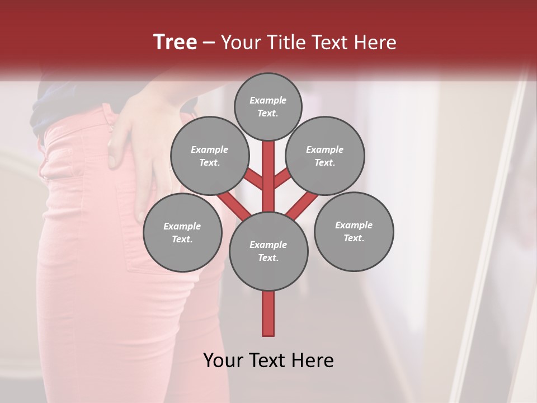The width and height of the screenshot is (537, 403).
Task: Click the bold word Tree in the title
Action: pos(175,42)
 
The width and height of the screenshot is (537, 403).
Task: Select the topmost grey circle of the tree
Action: pos(268,106)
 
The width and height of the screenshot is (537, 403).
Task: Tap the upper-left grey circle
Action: pos(209,156)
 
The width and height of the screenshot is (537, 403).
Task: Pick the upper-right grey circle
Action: pos(325,156)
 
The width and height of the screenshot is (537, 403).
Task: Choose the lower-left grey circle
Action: pos(182,232)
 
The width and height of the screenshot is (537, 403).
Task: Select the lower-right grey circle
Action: pos(354,232)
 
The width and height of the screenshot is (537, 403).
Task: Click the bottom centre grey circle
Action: pos(268,251)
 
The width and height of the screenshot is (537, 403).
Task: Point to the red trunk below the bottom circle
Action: pos(268,313)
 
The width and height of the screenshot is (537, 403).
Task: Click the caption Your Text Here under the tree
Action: pos(268,360)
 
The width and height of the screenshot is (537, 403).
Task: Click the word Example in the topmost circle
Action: pos(268,100)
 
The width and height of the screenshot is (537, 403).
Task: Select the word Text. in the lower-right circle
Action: pos(354,238)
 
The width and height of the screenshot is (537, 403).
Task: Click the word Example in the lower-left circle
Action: pos(182,226)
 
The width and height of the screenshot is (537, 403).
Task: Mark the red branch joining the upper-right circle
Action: pos(283,179)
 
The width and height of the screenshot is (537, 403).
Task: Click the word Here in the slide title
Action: pos(376,43)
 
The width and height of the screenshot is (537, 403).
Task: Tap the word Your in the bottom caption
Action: pos(223,360)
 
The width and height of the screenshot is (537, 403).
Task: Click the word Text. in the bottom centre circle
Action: pos(268,257)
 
